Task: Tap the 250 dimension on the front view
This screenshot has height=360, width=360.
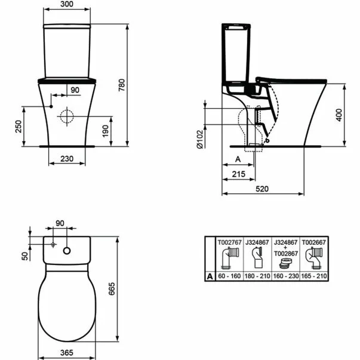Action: [x=18, y=126]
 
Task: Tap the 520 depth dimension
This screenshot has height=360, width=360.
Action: [x=263, y=188]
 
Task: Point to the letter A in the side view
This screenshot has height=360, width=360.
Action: [x=238, y=159]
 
